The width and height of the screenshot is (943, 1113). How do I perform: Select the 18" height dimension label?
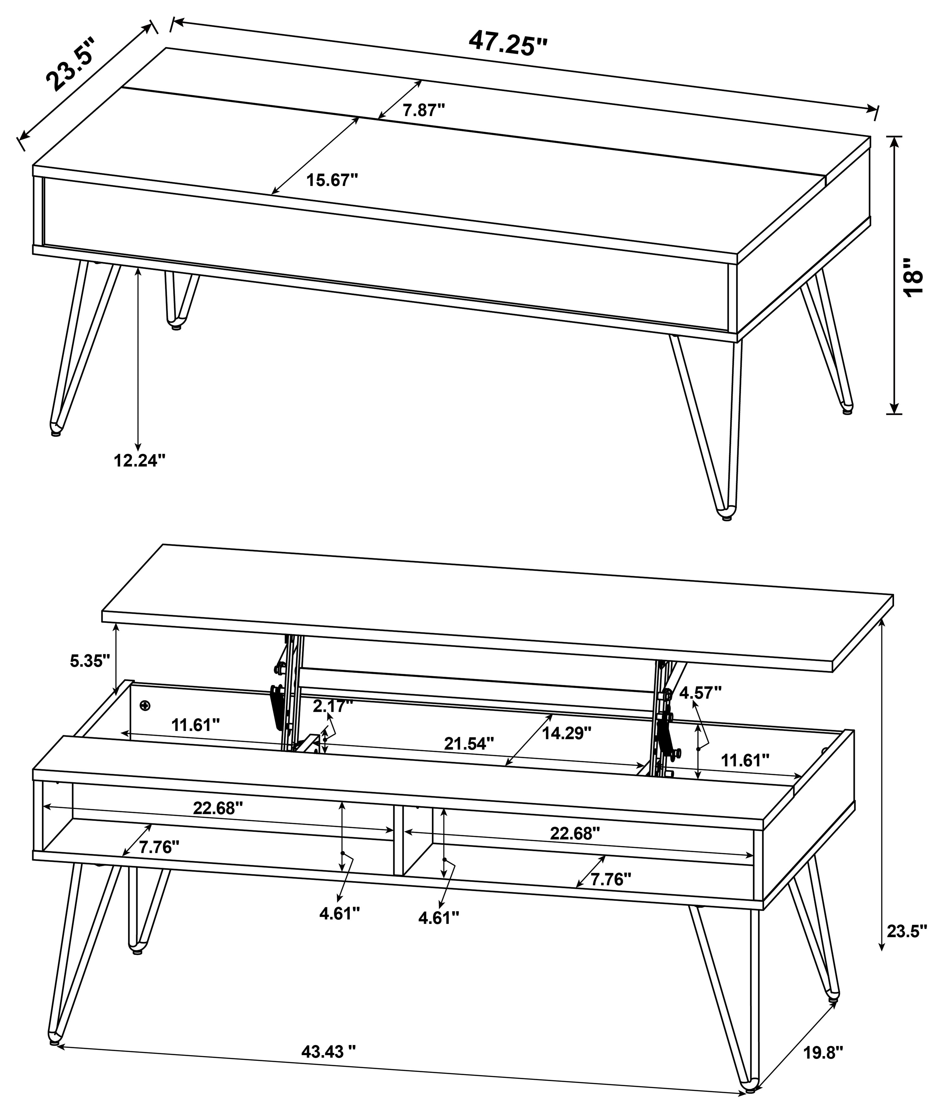913,277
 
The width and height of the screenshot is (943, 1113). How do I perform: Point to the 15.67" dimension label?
332,180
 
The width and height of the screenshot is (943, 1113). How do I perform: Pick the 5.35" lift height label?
90,660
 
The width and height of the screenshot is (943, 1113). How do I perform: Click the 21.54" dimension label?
469,743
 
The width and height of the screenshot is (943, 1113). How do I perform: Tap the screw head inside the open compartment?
144,706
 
